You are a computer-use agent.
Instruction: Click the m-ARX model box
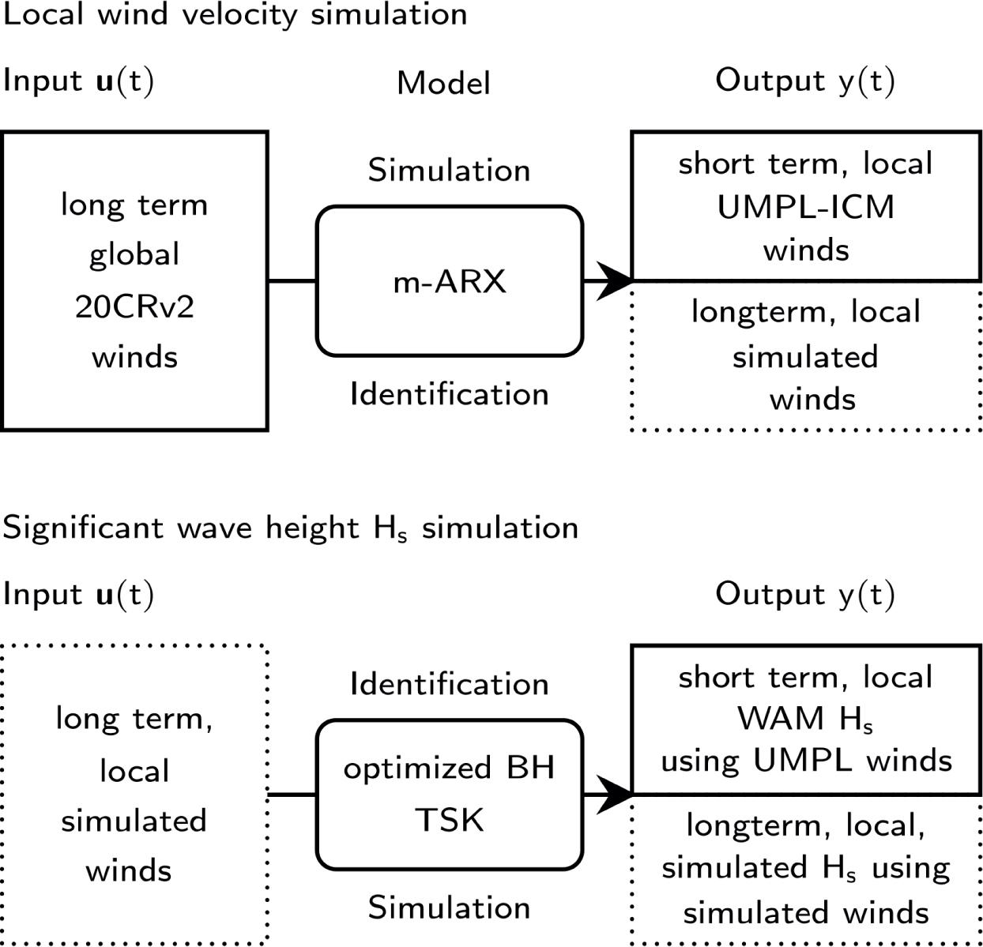click(449, 281)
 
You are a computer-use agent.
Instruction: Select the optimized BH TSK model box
click(449, 794)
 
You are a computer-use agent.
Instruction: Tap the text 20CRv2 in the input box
click(134, 306)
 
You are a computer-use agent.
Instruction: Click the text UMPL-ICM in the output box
click(805, 207)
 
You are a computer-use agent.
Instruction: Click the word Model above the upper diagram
click(443, 83)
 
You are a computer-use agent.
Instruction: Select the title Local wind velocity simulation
click(235, 14)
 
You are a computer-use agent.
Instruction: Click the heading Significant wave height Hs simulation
click(290, 528)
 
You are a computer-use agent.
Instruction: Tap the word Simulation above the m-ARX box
click(449, 171)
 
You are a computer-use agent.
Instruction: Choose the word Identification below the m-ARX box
click(449, 393)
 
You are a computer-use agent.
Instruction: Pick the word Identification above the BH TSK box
click(449, 684)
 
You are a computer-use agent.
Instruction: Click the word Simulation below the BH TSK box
click(449, 908)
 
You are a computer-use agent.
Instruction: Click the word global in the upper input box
click(134, 255)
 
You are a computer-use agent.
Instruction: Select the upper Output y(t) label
click(804, 81)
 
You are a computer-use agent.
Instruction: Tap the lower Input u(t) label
click(78, 594)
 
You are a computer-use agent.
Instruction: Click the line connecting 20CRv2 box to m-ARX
click(292, 281)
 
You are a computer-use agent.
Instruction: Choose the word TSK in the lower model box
click(449, 820)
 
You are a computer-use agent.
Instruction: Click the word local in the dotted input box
click(134, 771)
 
